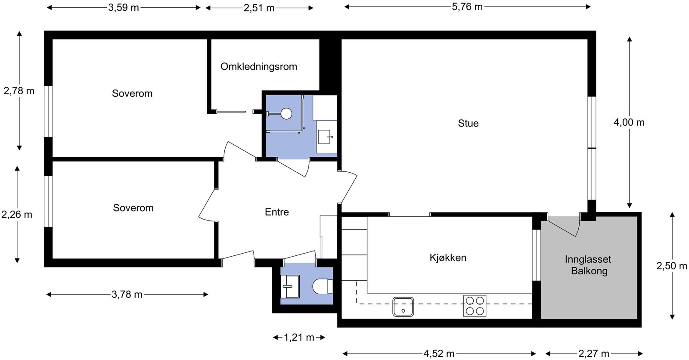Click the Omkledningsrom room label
click(x=258, y=67)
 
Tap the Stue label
click(x=468, y=124)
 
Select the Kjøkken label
click(x=448, y=258)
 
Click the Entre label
click(x=276, y=212)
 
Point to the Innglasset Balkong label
click(x=588, y=265)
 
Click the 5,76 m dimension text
click(x=467, y=7)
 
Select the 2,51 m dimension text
click(x=259, y=8)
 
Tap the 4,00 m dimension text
click(x=629, y=123)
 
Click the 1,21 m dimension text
click(x=299, y=338)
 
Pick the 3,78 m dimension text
click(x=127, y=295)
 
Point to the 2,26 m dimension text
click(x=17, y=214)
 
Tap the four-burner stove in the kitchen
click(x=475, y=306)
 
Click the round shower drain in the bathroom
click(x=286, y=114)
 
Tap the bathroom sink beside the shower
click(x=326, y=137)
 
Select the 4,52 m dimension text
click(x=439, y=354)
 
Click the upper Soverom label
click(x=132, y=94)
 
